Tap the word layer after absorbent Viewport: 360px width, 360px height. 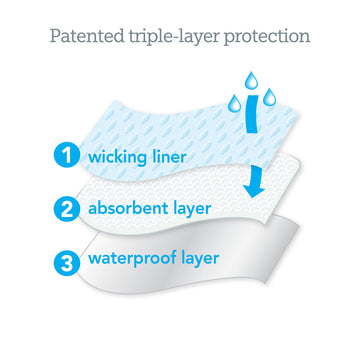coord(209,211)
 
